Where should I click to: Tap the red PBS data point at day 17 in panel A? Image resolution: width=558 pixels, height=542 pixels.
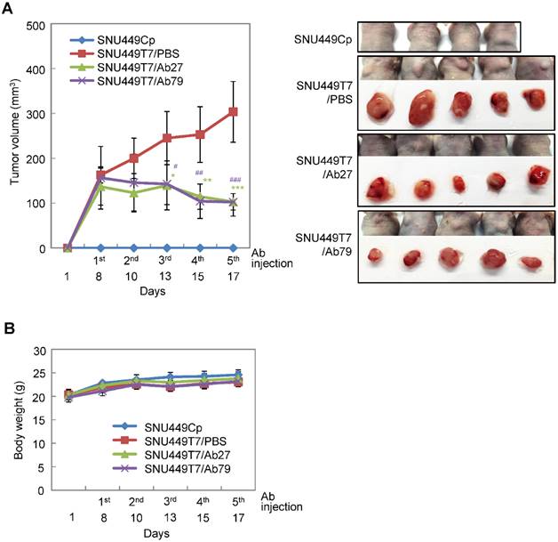233,112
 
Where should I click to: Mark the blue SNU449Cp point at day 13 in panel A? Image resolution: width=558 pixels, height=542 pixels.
167,247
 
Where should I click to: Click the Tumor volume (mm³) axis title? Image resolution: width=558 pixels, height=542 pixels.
12,136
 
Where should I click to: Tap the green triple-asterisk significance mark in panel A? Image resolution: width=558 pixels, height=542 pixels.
237,188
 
